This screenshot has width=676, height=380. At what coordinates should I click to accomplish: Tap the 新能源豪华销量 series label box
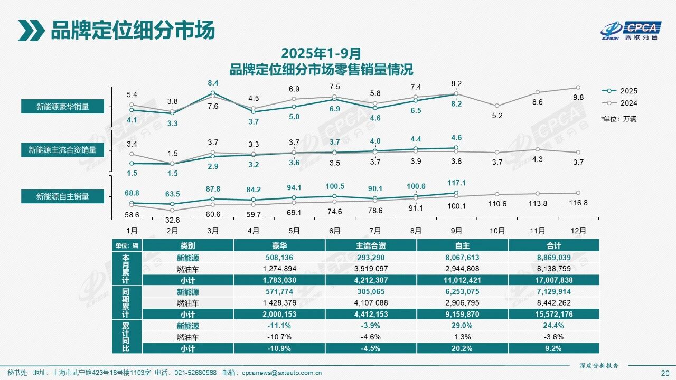pyautogui.click(x=62, y=107)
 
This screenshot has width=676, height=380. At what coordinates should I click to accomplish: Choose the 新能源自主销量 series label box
pyautogui.click(x=62, y=196)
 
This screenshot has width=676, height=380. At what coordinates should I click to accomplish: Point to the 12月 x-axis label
pyautogui.click(x=578, y=231)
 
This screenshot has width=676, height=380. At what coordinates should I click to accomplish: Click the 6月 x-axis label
pyautogui.click(x=334, y=231)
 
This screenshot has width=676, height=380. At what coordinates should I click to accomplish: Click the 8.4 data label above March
pyautogui.click(x=213, y=83)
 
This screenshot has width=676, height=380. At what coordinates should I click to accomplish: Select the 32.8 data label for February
pyautogui.click(x=172, y=220)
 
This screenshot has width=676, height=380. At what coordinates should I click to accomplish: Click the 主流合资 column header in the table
pyautogui.click(x=371, y=245)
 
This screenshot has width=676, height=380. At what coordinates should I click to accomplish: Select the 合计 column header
pyautogui.click(x=553, y=245)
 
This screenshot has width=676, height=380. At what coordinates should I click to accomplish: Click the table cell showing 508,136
pyautogui.click(x=279, y=258)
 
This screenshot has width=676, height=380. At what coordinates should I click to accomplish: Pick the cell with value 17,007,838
pyautogui.click(x=553, y=280)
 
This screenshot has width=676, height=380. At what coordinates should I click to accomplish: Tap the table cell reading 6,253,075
pyautogui.click(x=462, y=291)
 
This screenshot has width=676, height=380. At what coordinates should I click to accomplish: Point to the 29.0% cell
pyautogui.click(x=462, y=326)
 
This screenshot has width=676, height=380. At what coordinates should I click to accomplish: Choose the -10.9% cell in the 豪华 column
pyautogui.click(x=279, y=348)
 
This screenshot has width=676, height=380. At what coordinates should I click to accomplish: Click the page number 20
pyautogui.click(x=665, y=373)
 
